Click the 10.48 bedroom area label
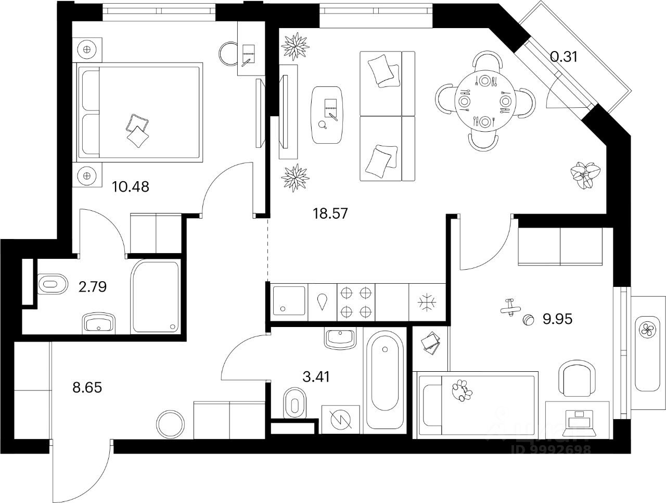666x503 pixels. [131, 186]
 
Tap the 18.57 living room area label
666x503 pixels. [329, 213]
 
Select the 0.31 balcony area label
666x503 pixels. [564, 57]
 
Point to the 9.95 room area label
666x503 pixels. [557, 319]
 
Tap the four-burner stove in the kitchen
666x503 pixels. [356, 302]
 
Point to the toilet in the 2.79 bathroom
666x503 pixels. [53, 284]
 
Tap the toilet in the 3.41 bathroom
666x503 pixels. [294, 403]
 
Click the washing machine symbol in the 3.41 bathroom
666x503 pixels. [340, 419]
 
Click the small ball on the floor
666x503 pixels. [528, 320]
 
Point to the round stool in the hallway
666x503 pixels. [171, 423]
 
